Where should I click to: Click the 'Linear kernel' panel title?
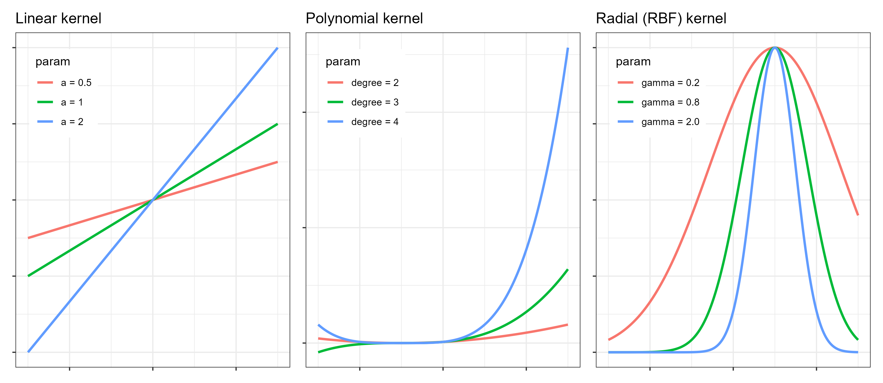(x=58, y=18)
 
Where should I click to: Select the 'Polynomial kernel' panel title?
(x=364, y=18)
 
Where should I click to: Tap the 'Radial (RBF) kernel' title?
(x=661, y=18)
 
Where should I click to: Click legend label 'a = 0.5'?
(x=76, y=83)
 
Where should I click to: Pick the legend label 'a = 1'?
(x=72, y=102)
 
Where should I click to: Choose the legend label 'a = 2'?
(x=72, y=122)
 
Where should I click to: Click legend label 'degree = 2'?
(x=375, y=83)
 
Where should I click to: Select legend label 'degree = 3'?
(x=375, y=102)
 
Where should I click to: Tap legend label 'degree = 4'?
(x=375, y=122)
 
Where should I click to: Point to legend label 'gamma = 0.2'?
(x=670, y=83)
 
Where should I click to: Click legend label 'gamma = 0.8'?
(x=670, y=102)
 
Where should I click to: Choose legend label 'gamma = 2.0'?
(x=670, y=122)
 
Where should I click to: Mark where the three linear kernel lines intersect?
(x=153, y=200)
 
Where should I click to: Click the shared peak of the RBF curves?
(x=775, y=47)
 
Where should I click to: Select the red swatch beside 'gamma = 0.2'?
(x=625, y=83)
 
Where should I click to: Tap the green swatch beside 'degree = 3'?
(x=335, y=102)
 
